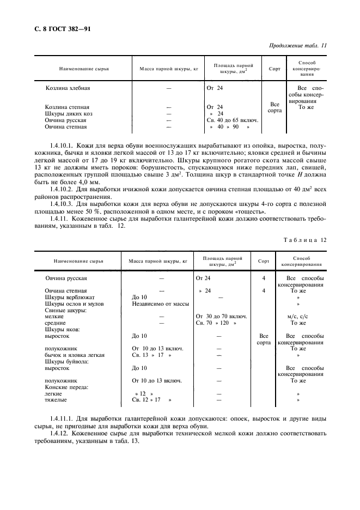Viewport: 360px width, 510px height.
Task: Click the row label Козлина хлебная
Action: point(68,88)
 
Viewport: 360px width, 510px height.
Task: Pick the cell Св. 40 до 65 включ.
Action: point(233,120)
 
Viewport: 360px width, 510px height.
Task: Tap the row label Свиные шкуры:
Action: point(66,310)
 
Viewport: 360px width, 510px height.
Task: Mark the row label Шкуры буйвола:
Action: point(67,361)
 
